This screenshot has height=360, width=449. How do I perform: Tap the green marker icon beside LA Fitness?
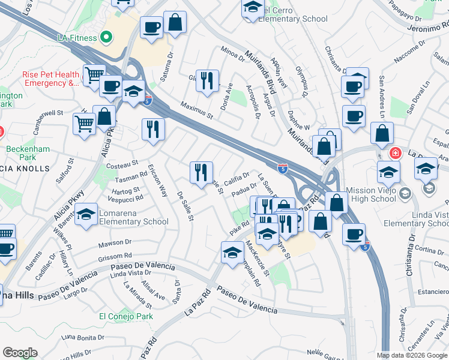[x=107, y=38]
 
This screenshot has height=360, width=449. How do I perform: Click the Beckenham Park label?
[x=21, y=153]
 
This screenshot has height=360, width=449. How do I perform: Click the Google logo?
[x=20, y=353]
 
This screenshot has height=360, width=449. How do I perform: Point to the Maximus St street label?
[x=197, y=109]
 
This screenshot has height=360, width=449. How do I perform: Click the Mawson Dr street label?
[x=115, y=244]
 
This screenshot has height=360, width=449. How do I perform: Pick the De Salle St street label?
[x=184, y=206]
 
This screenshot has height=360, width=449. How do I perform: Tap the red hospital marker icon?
[x=394, y=152]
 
